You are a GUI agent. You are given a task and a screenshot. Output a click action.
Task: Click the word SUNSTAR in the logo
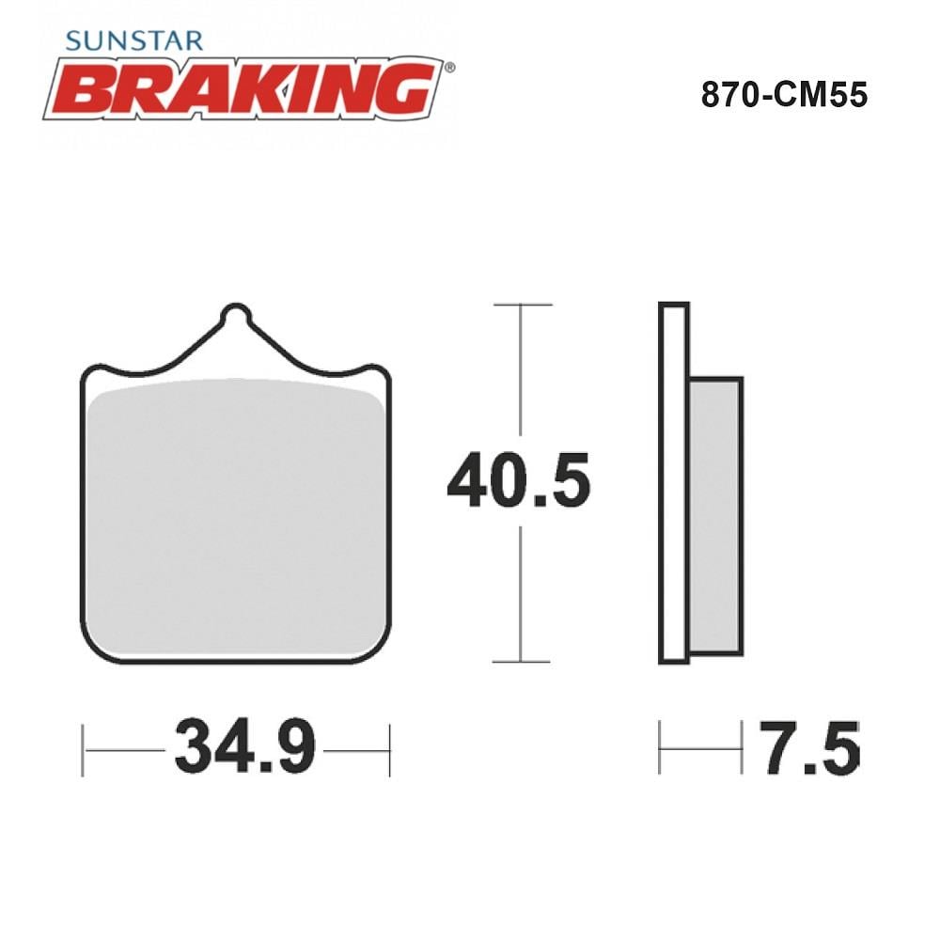pyautogui.click(x=134, y=40)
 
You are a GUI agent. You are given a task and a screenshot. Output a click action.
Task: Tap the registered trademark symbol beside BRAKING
pyautogui.click(x=449, y=68)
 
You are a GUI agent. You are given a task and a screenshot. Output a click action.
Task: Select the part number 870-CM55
pyautogui.click(x=784, y=95)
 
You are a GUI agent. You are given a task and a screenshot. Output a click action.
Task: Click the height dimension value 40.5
pyautogui.click(x=519, y=480)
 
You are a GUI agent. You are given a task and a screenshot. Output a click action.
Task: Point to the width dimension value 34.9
pyautogui.click(x=244, y=747)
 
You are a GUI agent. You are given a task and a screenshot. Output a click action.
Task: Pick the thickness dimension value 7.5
pyautogui.click(x=810, y=747)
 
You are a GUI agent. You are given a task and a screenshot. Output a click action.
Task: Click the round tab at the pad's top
pyautogui.click(x=236, y=313)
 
